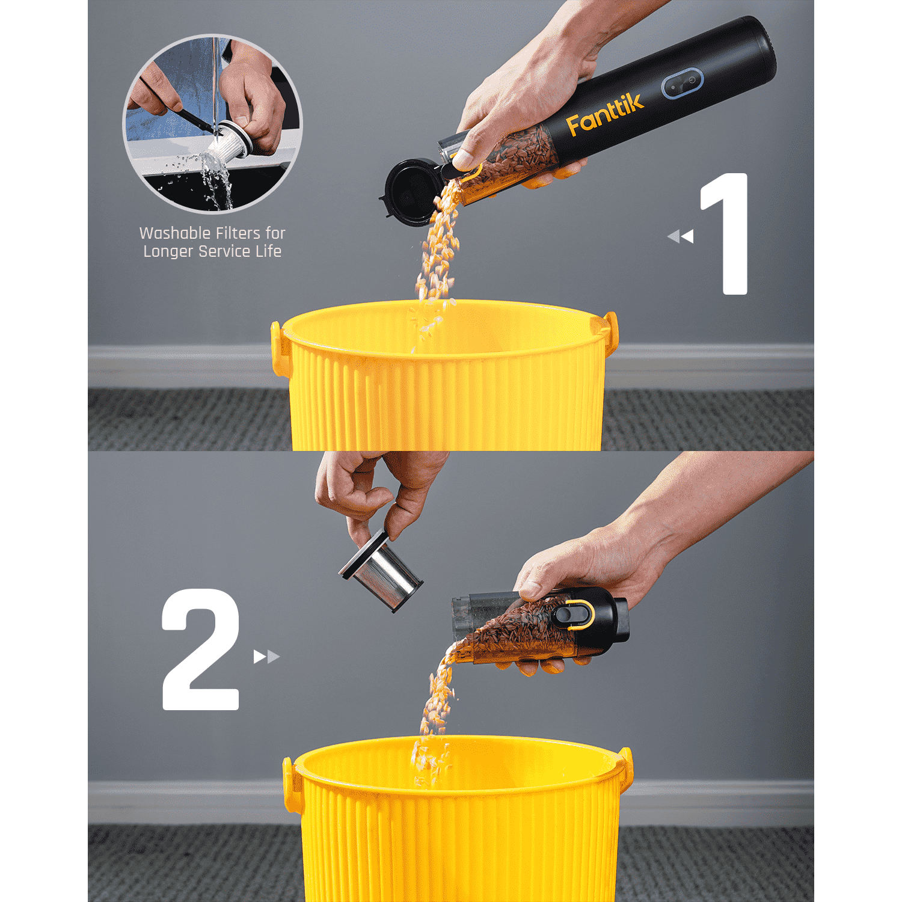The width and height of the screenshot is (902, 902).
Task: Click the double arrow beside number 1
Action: pyautogui.click(x=681, y=236)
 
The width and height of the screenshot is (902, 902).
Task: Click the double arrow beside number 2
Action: pyautogui.click(x=266, y=656)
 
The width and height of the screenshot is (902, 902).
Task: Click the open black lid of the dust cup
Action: pyautogui.click(x=409, y=191)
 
